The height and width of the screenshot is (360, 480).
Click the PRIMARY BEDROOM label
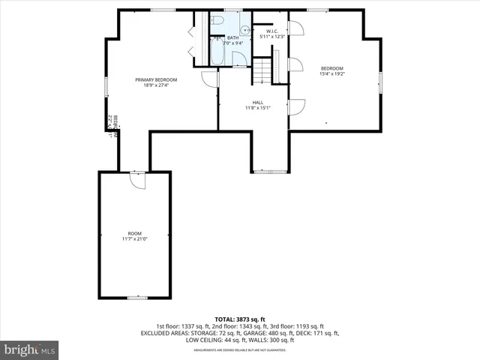coord(156,79)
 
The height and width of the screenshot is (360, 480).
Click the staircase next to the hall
coord(261,72)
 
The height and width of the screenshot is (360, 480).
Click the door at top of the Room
coord(136,180)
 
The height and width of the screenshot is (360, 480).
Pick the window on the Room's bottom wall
coord(136,298)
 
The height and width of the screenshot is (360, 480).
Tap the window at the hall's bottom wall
coord(270,172)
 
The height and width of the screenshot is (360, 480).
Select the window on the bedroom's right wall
coord(380,80)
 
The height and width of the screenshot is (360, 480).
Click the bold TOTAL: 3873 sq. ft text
coord(239,319)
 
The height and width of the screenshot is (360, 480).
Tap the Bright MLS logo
coord(30,349)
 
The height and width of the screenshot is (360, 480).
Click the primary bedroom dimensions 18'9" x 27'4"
coord(156,85)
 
